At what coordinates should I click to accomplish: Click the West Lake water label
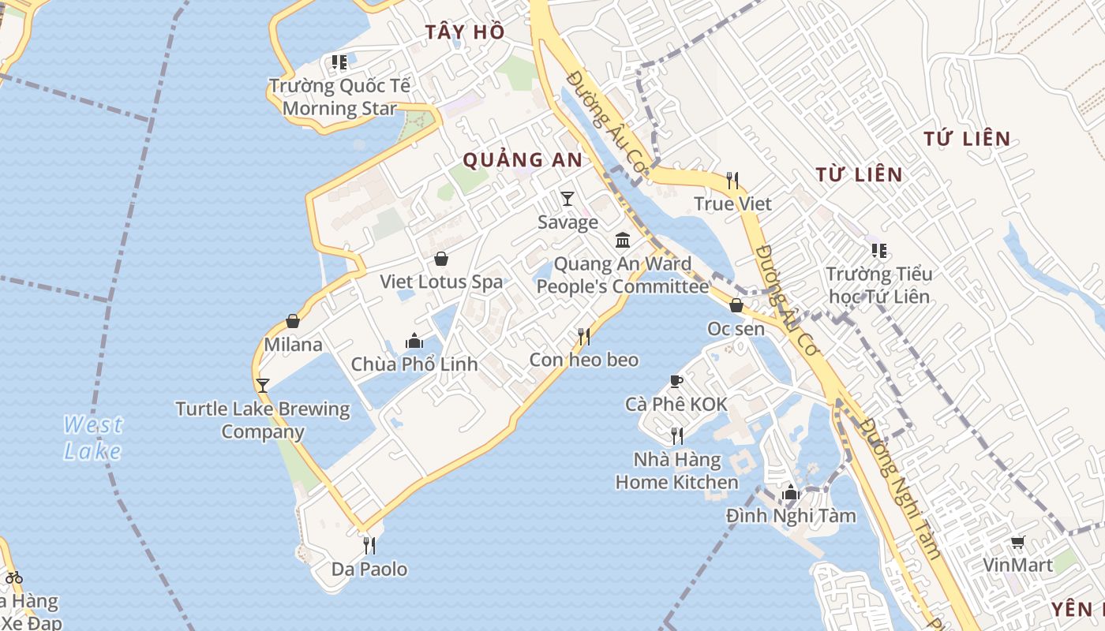(93, 438)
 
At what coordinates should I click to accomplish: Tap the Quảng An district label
(523, 160)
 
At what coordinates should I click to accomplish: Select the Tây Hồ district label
(464, 32)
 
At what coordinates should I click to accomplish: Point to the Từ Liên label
(859, 174)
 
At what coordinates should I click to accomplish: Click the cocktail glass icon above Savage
(567, 198)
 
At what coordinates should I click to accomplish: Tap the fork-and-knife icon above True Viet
(732, 181)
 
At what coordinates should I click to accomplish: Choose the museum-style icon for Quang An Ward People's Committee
(623, 240)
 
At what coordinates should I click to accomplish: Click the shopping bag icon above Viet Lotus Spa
(441, 258)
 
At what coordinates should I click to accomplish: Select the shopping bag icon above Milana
(293, 321)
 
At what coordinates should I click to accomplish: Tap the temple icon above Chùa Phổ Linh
(414, 341)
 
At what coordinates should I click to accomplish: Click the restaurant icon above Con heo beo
(584, 337)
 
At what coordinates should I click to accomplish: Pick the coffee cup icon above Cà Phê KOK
(676, 382)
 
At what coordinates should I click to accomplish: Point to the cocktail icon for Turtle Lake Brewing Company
(263, 385)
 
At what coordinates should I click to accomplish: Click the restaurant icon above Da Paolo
(369, 545)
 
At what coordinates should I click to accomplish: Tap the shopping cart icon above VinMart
(1017, 542)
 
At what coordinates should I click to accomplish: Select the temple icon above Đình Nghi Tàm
(791, 493)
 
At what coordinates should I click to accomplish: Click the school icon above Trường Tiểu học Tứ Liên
(878, 251)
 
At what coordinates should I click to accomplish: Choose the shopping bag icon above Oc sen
(736, 305)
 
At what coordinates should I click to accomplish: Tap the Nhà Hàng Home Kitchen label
(677, 471)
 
